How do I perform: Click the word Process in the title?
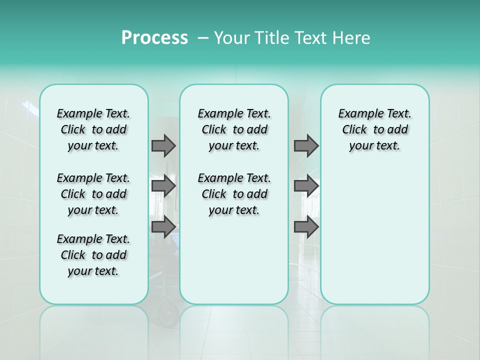coord(154,38)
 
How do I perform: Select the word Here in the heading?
coord(351,38)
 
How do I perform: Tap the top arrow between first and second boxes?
coord(163,145)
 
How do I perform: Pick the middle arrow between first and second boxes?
coord(163,186)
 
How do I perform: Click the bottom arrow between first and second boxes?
coord(163,227)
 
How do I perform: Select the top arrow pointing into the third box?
coord(306,145)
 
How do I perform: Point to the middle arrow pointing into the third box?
coord(306,186)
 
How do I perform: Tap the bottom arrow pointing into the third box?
coord(306,227)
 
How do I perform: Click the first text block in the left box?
coord(93,129)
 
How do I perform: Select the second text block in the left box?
coord(93,194)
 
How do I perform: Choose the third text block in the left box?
coord(93,255)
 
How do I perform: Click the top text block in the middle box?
coord(234,129)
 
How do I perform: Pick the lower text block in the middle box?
coord(234,194)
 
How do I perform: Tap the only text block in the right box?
coord(374,129)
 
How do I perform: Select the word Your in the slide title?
coord(232,38)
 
